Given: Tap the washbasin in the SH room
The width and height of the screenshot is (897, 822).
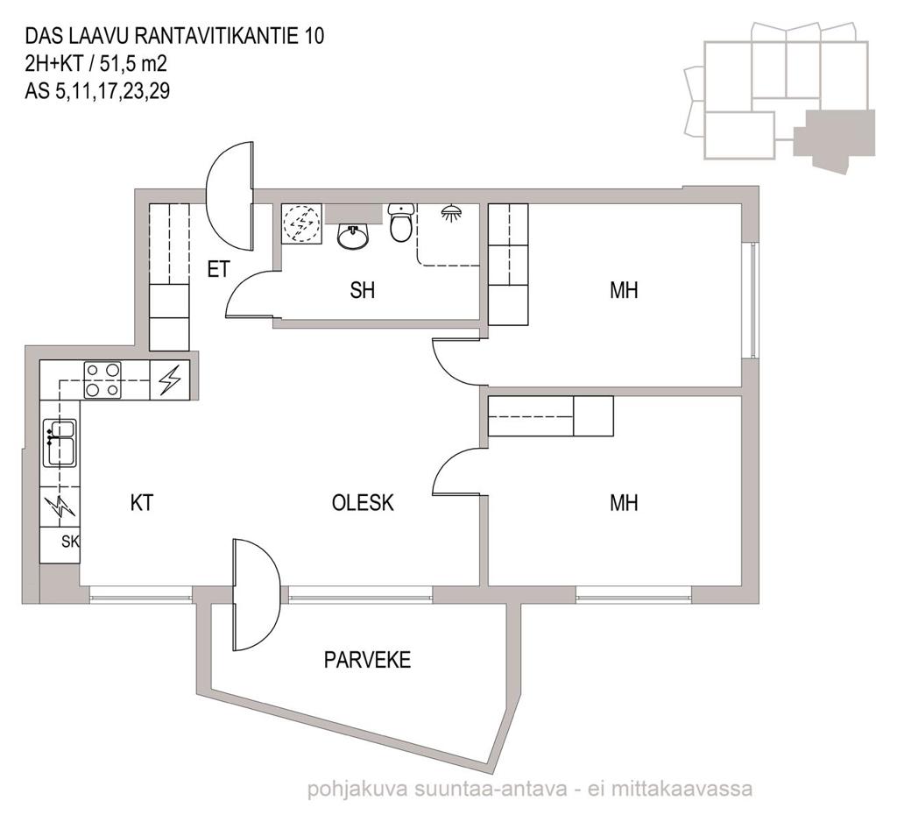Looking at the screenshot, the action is (x=353, y=237).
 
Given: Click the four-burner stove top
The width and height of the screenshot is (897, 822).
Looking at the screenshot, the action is (x=103, y=380).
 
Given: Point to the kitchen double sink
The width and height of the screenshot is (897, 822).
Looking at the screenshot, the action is (x=60, y=443).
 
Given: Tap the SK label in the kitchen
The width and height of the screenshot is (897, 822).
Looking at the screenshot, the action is (x=70, y=541).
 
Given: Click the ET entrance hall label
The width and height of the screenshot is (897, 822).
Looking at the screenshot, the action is (x=218, y=269).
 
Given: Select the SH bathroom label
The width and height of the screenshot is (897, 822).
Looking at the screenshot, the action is (x=362, y=290).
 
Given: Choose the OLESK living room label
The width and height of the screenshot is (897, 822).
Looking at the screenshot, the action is (x=363, y=503).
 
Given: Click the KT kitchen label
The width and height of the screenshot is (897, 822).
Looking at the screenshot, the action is (x=142, y=503).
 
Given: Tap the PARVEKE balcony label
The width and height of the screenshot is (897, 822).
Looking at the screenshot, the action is (x=367, y=660).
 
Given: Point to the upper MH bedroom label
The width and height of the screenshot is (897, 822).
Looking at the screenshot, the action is (x=624, y=290).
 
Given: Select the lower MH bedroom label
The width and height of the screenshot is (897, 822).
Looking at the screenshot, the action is (x=624, y=503).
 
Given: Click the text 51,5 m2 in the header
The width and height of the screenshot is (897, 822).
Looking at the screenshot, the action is (x=133, y=64).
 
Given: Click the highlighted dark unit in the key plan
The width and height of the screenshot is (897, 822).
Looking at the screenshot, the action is (x=835, y=139).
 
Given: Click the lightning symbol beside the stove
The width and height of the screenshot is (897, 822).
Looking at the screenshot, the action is (x=169, y=380).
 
